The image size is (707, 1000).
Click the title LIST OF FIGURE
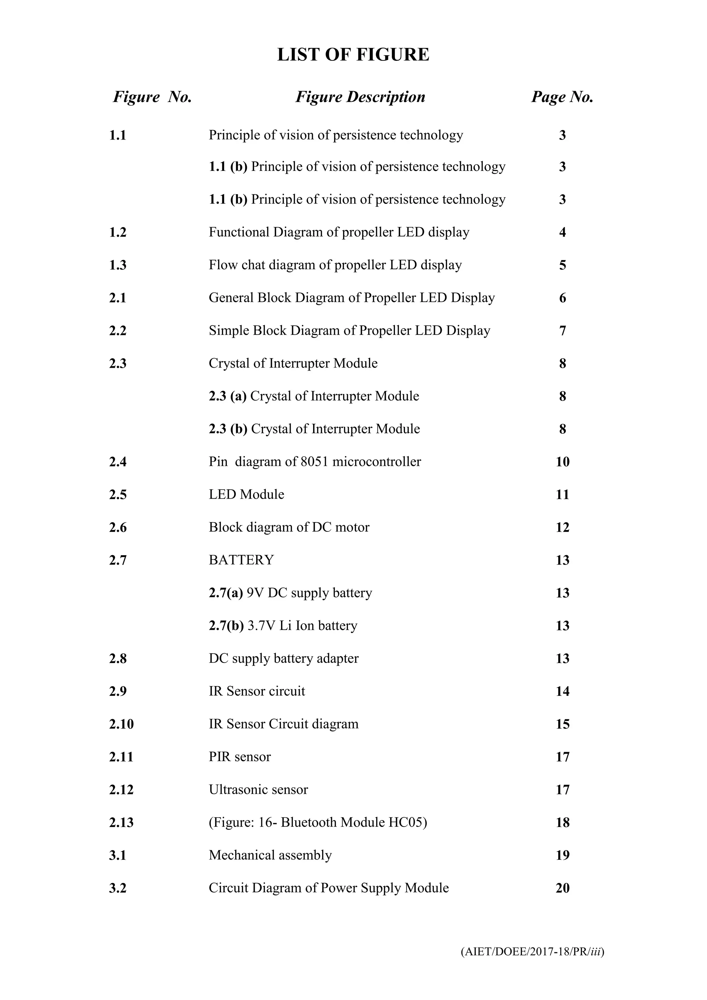click(x=353, y=55)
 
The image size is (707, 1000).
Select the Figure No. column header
click(x=152, y=97)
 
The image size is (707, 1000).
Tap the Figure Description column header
click(x=360, y=97)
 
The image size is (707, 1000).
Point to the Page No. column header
click(x=562, y=97)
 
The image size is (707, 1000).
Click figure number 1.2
click(x=117, y=232)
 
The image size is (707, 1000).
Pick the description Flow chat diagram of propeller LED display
click(x=335, y=265)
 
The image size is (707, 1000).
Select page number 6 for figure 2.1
click(x=562, y=298)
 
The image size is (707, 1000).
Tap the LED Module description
click(x=246, y=494)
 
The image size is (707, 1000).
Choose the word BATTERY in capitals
click(x=241, y=560)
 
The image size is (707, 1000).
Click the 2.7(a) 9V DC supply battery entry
click(x=290, y=593)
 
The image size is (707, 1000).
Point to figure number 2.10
click(x=122, y=724)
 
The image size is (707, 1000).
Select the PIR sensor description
click(x=240, y=757)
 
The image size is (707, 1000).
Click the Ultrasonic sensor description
click(x=258, y=789)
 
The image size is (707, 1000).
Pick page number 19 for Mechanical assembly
click(x=562, y=855)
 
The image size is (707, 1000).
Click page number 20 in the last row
click(x=562, y=888)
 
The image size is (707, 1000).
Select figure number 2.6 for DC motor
click(x=117, y=527)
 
